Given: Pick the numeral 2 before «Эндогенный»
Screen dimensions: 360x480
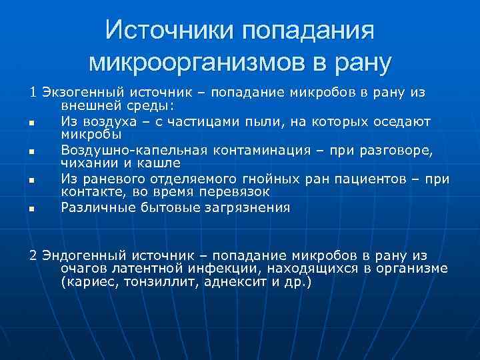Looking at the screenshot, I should click(x=33, y=255).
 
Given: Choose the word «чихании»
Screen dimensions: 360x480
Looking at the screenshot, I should click(x=86, y=162).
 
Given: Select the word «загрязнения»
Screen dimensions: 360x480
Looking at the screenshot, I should click(x=247, y=207).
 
